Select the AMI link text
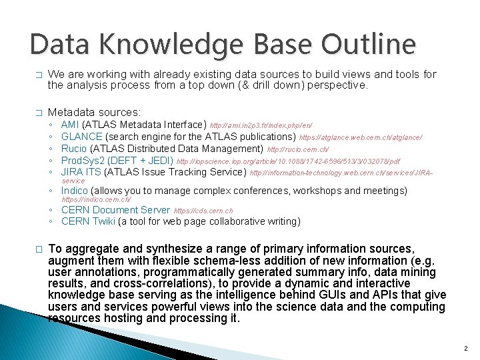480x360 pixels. pos(69,125)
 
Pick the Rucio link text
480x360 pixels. pos(74,149)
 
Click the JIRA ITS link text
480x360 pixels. pos(81,173)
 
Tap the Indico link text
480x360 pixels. pos(73,191)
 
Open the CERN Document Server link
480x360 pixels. pos(115,210)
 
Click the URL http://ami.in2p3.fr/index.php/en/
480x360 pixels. pos(261,125)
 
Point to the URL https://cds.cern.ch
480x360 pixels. pos(203,211)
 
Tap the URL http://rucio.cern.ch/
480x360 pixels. pos(298,149)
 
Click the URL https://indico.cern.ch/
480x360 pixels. pos(96,200)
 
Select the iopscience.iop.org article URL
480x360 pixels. pos(288,161)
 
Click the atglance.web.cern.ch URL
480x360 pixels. pos(361,137)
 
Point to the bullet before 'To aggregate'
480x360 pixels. pos(39,249)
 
